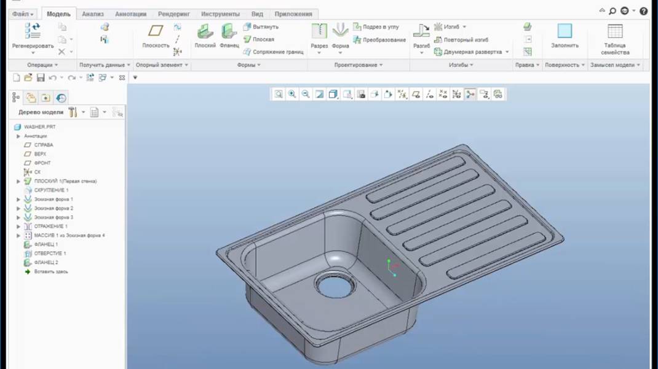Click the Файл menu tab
tap(22, 14)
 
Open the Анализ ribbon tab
tap(93, 14)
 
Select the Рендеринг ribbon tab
tap(173, 14)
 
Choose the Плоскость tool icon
tap(156, 31)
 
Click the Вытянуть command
tap(265, 27)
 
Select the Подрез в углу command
tap(380, 27)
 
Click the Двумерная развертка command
tap(472, 52)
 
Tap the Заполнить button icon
tap(565, 31)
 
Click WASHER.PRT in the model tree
tap(39, 127)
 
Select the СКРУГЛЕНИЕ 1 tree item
tap(51, 190)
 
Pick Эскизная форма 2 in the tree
tap(54, 208)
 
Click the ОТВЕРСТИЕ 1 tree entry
tap(50, 254)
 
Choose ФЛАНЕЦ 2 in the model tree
tap(46, 262)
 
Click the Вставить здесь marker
tap(50, 271)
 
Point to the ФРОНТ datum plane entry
tap(42, 163)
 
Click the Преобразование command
tap(383, 40)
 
